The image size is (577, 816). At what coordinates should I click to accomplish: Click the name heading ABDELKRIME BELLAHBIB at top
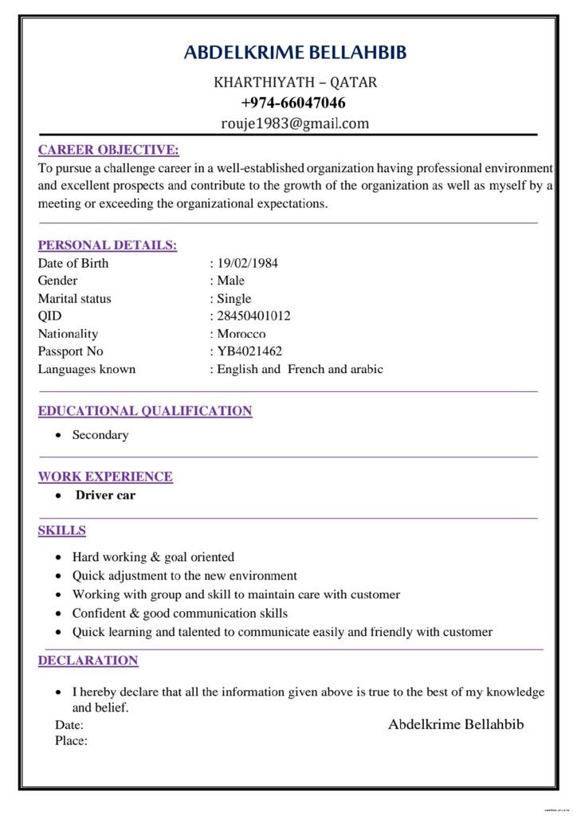click(x=295, y=53)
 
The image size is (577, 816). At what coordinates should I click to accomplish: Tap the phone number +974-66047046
click(x=293, y=103)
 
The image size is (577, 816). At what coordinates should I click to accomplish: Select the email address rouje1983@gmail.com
click(x=295, y=124)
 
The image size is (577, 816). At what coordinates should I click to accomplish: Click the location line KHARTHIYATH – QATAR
click(x=296, y=82)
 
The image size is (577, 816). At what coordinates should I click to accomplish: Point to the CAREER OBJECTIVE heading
click(x=108, y=150)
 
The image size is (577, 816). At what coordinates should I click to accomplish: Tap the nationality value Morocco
click(x=241, y=334)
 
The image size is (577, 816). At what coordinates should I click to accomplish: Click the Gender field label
click(x=58, y=280)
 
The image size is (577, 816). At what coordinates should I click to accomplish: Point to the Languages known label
click(x=87, y=369)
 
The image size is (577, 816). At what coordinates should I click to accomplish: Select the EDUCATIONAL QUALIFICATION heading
click(x=145, y=411)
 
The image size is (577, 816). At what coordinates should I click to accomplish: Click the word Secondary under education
click(x=100, y=435)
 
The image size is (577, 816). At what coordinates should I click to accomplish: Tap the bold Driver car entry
click(x=105, y=495)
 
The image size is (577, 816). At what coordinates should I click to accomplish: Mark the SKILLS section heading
click(x=62, y=531)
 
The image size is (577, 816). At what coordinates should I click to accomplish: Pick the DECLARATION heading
click(x=88, y=661)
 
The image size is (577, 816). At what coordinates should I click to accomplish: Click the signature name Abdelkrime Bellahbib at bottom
click(x=456, y=724)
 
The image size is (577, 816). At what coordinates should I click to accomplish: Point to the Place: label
click(x=71, y=741)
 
